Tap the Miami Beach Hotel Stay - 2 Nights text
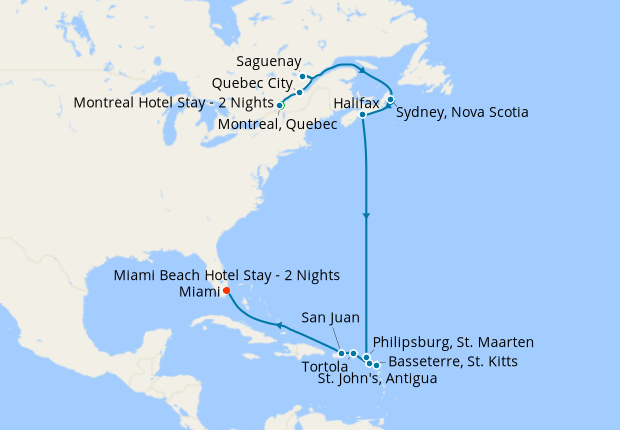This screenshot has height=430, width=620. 227,275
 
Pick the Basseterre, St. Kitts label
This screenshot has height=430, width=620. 452,361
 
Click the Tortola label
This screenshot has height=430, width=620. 325,366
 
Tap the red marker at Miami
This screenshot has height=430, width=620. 226,291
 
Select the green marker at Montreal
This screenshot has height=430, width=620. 281,105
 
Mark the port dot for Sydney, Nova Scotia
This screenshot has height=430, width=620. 390,100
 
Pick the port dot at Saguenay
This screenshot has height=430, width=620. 302,76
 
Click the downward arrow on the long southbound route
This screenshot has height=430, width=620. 367,215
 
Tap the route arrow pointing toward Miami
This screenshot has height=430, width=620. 281,326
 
